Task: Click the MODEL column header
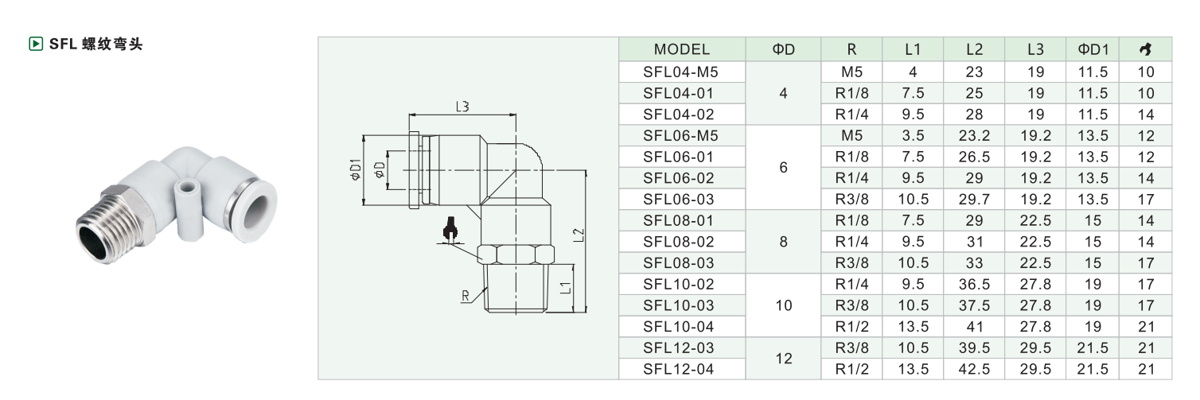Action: point(681,49)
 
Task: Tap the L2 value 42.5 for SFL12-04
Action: point(974,369)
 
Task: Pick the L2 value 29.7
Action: point(974,199)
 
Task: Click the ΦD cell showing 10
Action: point(783,305)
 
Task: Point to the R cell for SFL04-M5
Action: point(851,72)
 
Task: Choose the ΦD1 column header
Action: point(1093,49)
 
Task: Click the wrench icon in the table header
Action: point(1145,49)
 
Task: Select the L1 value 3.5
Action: point(913,135)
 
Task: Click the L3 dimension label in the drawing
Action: point(462,107)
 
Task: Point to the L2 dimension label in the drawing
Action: point(579,235)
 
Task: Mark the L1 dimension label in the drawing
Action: point(566,288)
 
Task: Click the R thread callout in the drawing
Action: point(465,296)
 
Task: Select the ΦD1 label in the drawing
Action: point(356,169)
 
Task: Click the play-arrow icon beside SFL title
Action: point(35,44)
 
